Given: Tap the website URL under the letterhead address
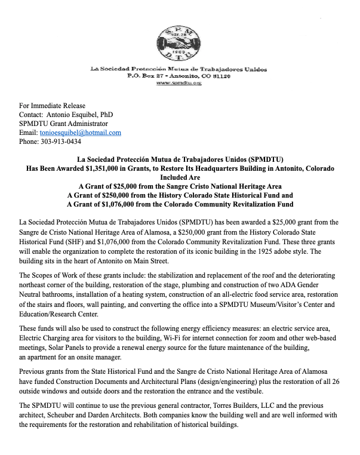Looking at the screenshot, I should click(x=179, y=84).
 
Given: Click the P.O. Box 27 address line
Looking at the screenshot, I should click(x=179, y=77).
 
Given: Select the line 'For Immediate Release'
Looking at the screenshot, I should click(x=53, y=105).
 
